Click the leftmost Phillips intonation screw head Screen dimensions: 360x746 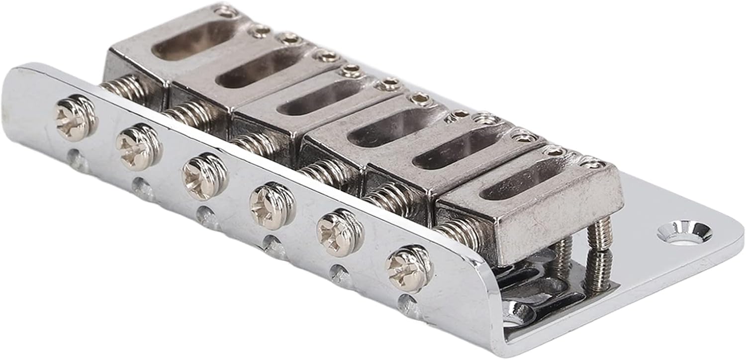coord(76,117)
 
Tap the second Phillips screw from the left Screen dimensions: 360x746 coord(138,145)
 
